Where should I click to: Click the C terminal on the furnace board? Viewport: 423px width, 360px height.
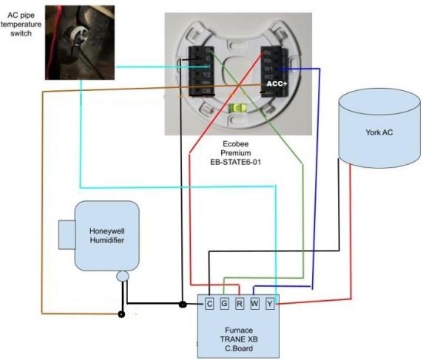point(209,303)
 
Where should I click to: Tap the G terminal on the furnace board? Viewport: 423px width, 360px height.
point(224,303)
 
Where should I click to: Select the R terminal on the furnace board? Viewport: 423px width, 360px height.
point(240,303)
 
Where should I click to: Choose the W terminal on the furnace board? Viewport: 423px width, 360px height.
point(255,303)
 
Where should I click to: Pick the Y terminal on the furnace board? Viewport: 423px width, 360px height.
point(270,303)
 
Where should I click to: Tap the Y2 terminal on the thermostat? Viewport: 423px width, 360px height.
point(207,74)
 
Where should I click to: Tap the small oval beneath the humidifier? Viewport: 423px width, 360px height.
point(123,277)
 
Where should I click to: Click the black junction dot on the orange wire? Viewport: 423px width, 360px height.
point(122,314)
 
